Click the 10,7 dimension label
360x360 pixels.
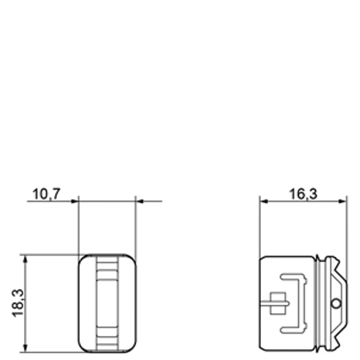[46, 194]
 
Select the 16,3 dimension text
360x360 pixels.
[303, 194]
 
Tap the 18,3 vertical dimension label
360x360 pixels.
[18, 303]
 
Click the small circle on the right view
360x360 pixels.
[336, 303]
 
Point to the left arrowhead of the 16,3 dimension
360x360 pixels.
[264, 201]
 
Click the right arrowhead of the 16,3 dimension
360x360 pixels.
[342, 201]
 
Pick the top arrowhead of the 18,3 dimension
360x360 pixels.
[25, 260]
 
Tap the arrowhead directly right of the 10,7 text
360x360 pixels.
[75, 201]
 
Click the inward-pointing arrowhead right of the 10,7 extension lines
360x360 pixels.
[139, 201]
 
